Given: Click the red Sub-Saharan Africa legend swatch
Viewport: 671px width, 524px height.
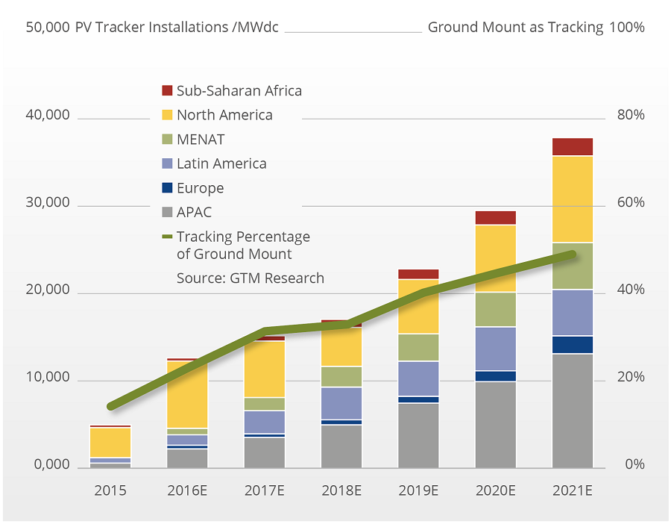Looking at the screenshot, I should [x=167, y=91].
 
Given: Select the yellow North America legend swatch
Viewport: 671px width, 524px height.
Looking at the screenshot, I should [x=167, y=115].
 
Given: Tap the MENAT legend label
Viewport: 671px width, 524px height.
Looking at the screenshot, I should [x=201, y=140].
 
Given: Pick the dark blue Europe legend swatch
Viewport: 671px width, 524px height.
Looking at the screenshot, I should [x=167, y=188].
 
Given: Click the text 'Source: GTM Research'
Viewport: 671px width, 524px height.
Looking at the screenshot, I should [x=250, y=278].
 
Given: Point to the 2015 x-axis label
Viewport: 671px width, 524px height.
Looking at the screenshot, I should [x=110, y=490].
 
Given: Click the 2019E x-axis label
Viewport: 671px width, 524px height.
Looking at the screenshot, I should [x=418, y=490].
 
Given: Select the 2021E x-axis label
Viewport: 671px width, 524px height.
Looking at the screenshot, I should [x=572, y=490].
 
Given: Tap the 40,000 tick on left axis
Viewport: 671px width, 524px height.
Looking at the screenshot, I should [x=48, y=116].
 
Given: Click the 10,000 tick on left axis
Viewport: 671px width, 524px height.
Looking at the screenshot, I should [x=48, y=378].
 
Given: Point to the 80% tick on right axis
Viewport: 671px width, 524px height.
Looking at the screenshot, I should [x=629, y=116].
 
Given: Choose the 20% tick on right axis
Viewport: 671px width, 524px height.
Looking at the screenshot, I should [x=629, y=378].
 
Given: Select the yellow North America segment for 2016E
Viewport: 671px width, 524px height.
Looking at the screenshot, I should [x=187, y=394].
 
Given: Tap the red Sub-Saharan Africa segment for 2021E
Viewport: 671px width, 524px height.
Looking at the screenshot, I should [x=572, y=146].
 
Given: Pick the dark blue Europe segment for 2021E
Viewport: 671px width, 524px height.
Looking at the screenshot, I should [x=572, y=344].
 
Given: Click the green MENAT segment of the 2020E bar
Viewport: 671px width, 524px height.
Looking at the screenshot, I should [x=495, y=309].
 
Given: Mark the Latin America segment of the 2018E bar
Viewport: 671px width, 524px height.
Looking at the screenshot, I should [x=341, y=403].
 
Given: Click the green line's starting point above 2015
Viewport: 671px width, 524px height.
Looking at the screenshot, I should [x=111, y=407].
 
